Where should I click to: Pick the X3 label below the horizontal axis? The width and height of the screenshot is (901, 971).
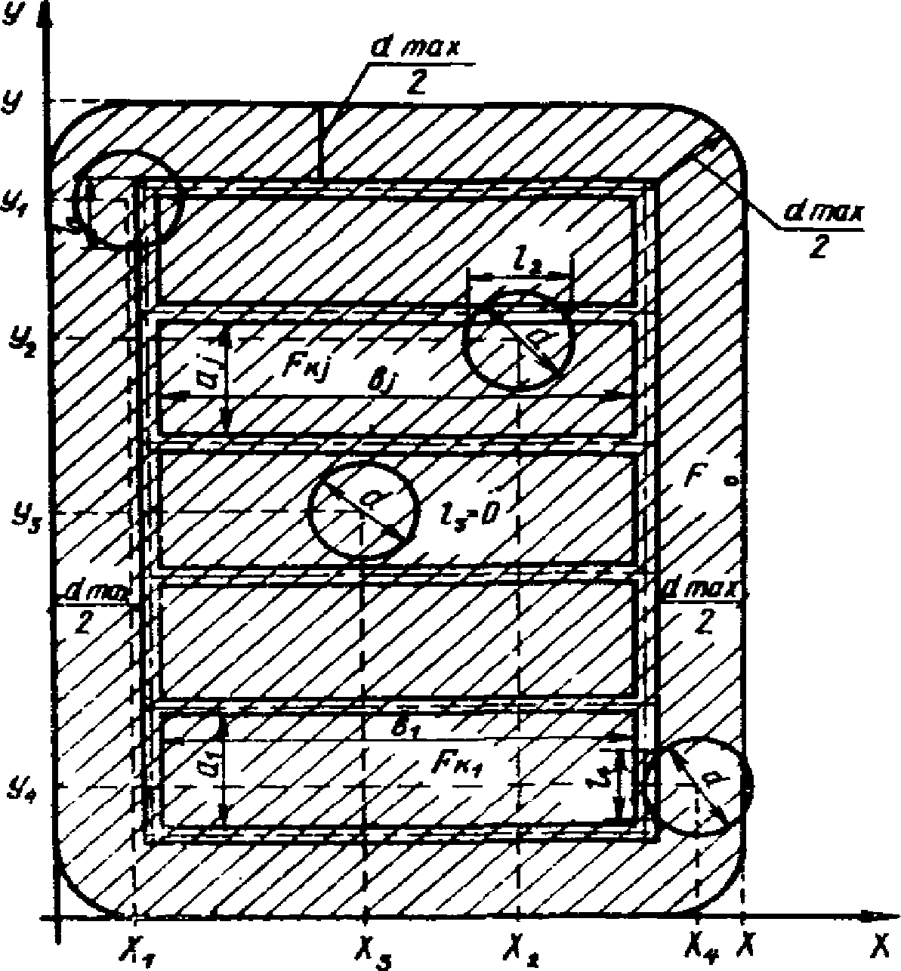pos(367,946)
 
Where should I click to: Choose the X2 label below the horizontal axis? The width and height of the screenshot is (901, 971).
pos(520,946)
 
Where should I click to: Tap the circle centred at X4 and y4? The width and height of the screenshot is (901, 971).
pos(699,787)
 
